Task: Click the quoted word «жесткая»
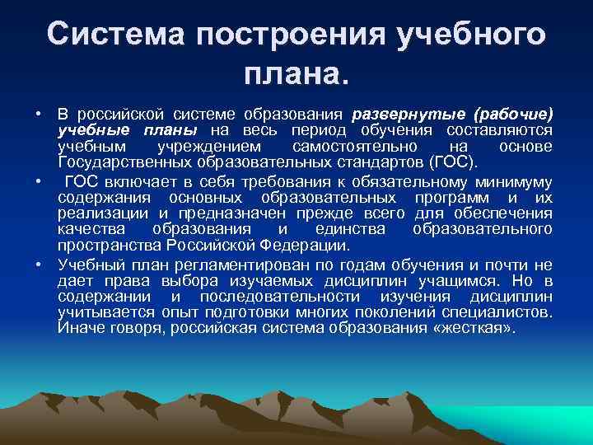pos(493,328)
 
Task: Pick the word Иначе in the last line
pos(80,328)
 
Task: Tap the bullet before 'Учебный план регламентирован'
pos(39,265)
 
